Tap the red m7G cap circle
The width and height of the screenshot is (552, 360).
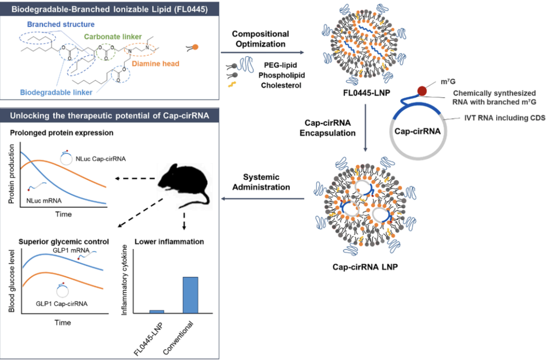pyautogui.click(x=422, y=91)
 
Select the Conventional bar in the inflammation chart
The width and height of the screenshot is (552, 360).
pyautogui.click(x=191, y=295)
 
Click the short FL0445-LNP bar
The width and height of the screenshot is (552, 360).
pyautogui.click(x=157, y=311)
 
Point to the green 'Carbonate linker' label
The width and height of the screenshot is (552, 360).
pyautogui.click(x=112, y=37)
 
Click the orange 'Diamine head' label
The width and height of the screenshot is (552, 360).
pyautogui.click(x=155, y=64)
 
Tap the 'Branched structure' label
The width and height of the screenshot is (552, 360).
pyautogui.click(x=61, y=25)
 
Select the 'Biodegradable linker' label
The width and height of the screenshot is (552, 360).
pyautogui.click(x=56, y=92)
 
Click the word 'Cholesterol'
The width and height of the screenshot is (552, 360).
pyautogui.click(x=281, y=85)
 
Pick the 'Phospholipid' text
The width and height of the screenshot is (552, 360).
pyautogui.click(x=282, y=75)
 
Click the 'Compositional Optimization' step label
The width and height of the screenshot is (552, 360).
pyautogui.click(x=261, y=39)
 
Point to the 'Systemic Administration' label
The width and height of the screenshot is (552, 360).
pyautogui.click(x=261, y=182)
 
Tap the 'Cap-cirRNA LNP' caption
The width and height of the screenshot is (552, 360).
pyautogui.click(x=365, y=266)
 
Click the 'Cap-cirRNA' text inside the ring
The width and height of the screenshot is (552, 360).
pyautogui.click(x=418, y=131)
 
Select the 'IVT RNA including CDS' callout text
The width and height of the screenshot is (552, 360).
pyautogui.click(x=504, y=118)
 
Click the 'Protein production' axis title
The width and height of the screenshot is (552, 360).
pyautogui.click(x=12, y=174)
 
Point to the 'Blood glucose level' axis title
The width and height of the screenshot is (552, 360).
pyautogui.click(x=12, y=281)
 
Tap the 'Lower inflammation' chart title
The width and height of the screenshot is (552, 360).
pyautogui.click(x=169, y=242)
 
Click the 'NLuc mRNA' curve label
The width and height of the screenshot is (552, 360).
pyautogui.click(x=44, y=201)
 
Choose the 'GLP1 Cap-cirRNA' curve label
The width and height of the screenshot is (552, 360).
pyautogui.click(x=62, y=304)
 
